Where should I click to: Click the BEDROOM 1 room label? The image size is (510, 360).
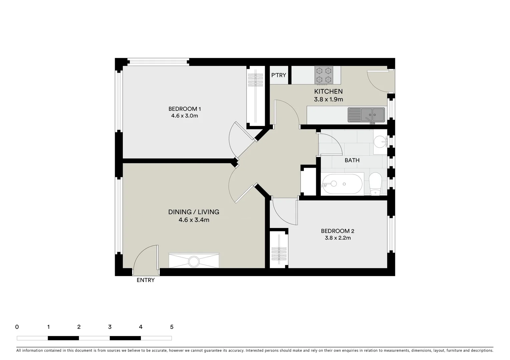[x=184, y=109]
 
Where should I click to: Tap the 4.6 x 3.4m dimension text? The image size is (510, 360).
[x=194, y=220]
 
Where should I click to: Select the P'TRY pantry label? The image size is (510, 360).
[x=279, y=75]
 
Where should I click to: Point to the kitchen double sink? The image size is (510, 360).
[x=366, y=115]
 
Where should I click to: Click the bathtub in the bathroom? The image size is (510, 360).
[x=342, y=184]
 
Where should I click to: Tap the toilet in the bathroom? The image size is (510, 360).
[x=375, y=184]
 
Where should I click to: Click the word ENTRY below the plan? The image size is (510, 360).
[x=146, y=280]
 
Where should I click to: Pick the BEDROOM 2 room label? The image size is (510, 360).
[x=338, y=231]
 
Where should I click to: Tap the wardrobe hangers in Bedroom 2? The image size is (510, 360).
[x=279, y=253]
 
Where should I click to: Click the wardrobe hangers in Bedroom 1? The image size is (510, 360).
[x=256, y=80]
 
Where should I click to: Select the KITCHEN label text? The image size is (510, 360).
[x=328, y=91]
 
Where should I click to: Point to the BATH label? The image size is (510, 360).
[x=352, y=160]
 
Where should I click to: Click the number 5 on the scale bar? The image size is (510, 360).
[x=172, y=327]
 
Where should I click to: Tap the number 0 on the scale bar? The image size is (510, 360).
[x=17, y=327]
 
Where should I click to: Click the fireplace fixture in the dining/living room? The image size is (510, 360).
[x=194, y=261]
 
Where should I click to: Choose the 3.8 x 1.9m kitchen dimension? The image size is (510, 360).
[x=328, y=99]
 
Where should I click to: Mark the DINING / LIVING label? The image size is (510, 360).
[x=194, y=212]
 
